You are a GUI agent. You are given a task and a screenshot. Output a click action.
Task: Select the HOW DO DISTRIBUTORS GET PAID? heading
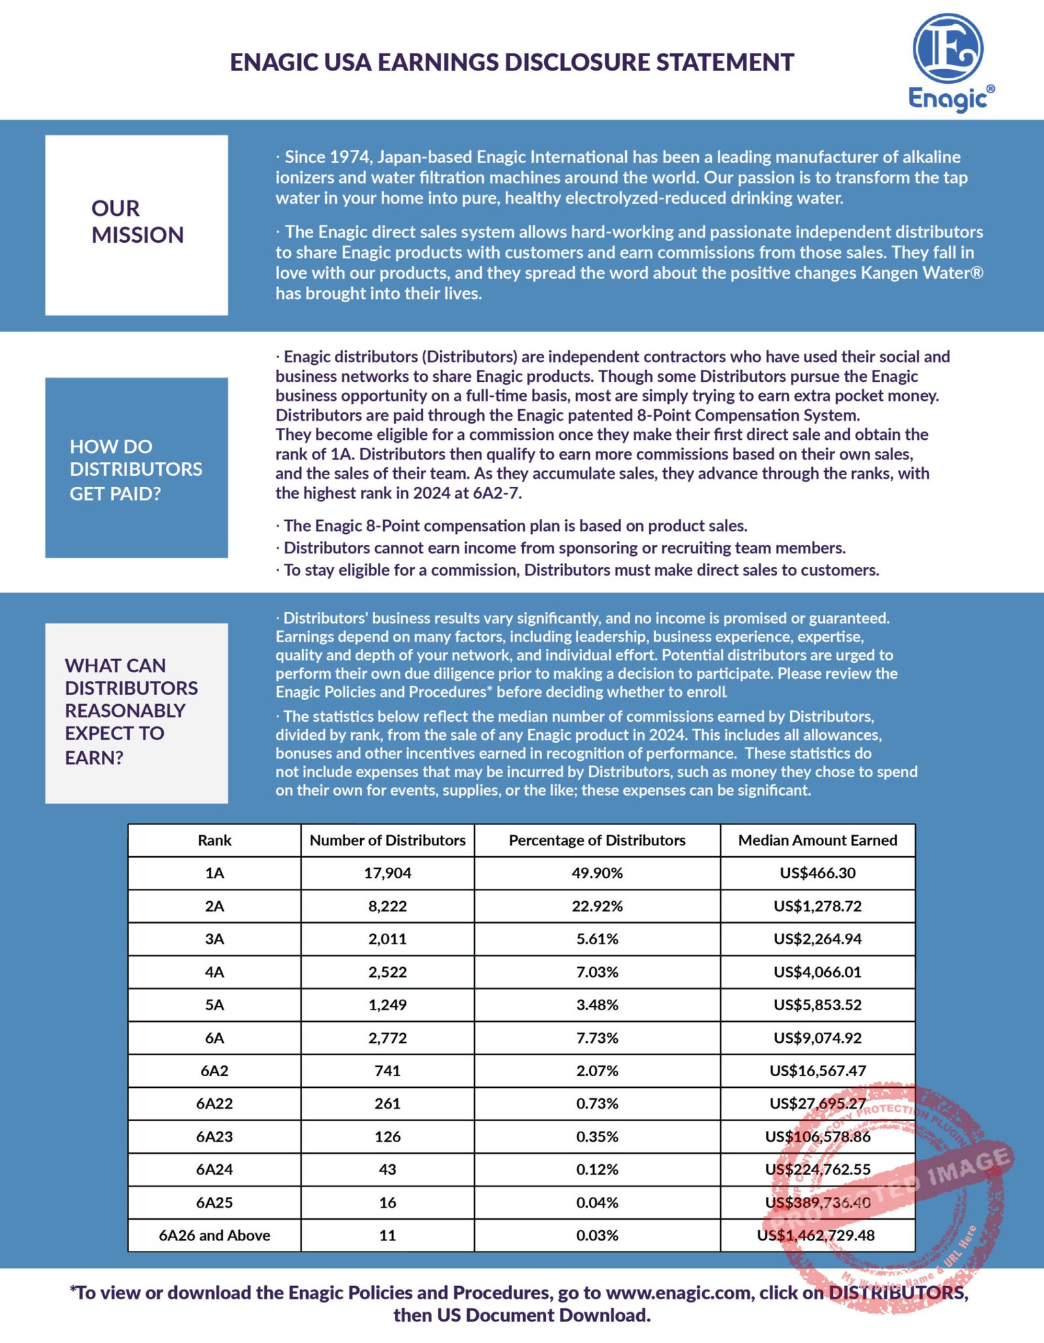coord(136,470)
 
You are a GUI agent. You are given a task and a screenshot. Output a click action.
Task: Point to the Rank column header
coord(214,841)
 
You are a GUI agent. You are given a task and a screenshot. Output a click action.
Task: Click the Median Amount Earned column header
coord(818,841)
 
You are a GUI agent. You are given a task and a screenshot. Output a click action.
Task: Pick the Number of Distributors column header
coord(388,841)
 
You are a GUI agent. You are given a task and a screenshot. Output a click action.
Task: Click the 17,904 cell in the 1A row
coord(388,873)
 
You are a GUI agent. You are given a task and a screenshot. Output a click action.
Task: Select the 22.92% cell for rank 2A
coord(597,906)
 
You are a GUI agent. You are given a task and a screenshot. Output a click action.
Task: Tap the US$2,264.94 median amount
coord(818,939)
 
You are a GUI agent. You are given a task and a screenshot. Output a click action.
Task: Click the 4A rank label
coord(214,972)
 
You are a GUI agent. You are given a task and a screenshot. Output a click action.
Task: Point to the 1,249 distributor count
coord(388,1005)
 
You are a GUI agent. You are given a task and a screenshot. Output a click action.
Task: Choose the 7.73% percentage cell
coord(597,1038)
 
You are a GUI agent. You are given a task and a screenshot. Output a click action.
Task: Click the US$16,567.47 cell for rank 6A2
coord(818,1071)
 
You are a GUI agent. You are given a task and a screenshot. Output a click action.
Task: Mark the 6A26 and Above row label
coord(214,1235)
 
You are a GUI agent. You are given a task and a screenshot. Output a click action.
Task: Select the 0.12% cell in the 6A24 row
coord(597,1169)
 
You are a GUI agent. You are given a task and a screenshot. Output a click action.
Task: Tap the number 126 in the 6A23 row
coord(388,1137)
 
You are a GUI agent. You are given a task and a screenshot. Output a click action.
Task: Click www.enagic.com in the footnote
coord(679,1293)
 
